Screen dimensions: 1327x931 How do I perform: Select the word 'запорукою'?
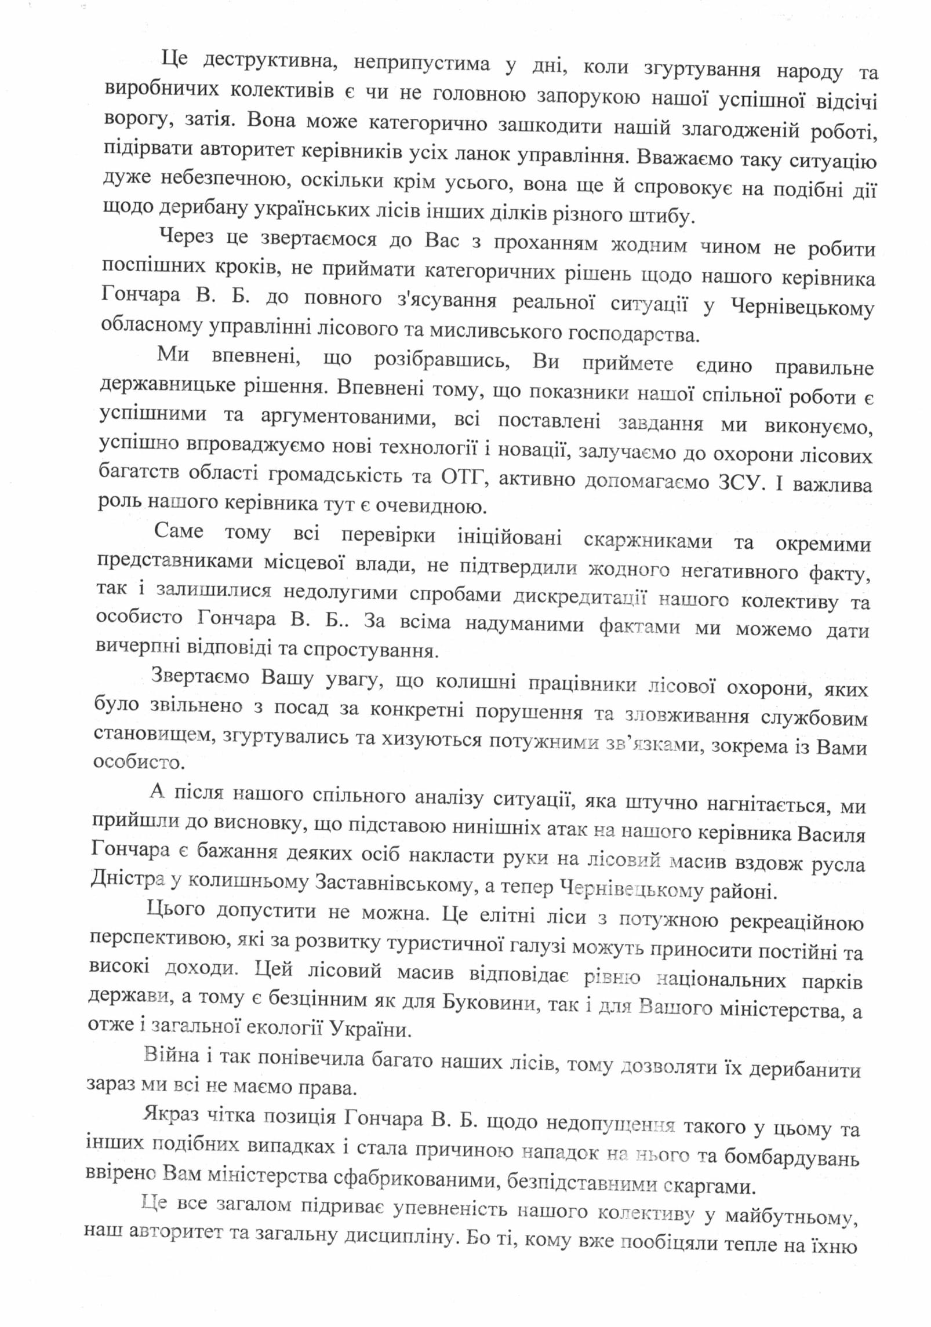tap(588, 96)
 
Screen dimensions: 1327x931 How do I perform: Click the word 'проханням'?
tap(545, 243)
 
